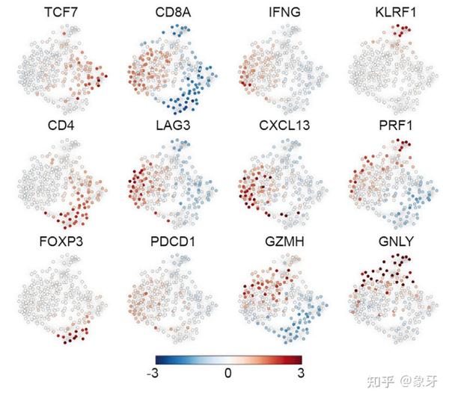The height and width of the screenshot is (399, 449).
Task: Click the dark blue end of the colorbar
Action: click(x=159, y=359)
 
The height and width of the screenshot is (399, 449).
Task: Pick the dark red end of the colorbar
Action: click(x=298, y=359)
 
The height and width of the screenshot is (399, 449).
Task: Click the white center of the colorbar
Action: click(x=228, y=359)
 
